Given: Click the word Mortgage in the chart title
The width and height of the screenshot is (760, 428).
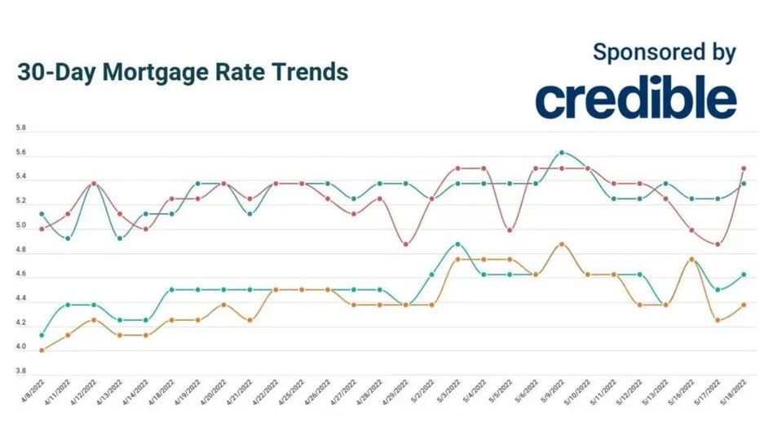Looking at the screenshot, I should pyautogui.click(x=162, y=72).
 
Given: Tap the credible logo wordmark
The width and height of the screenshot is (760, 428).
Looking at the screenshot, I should pyautogui.click(x=635, y=99).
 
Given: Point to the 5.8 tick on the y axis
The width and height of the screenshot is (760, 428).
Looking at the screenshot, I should pyautogui.click(x=20, y=128).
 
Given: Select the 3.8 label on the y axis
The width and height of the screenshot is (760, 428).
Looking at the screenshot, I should pyautogui.click(x=20, y=372).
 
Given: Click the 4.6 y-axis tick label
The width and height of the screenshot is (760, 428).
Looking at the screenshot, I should pyautogui.click(x=20, y=274).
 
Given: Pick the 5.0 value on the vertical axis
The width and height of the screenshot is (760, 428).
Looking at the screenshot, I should pyautogui.click(x=20, y=225).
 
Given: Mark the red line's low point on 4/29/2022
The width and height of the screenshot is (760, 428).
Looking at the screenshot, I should pyautogui.click(x=406, y=243).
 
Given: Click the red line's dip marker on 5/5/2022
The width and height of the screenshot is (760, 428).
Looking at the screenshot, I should pyautogui.click(x=510, y=230).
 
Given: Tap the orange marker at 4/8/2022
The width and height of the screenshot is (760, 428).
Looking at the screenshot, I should pyautogui.click(x=42, y=350).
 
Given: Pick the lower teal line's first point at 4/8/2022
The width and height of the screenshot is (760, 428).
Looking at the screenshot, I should pyautogui.click(x=42, y=335).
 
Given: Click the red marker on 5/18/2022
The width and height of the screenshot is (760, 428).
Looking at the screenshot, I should pyautogui.click(x=744, y=168).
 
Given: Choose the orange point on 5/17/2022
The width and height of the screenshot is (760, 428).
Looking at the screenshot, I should pyautogui.click(x=718, y=320).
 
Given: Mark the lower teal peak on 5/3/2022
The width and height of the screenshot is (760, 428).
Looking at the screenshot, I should pyautogui.click(x=458, y=243).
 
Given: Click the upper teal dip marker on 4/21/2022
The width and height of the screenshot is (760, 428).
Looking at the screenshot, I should pyautogui.click(x=250, y=214).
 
